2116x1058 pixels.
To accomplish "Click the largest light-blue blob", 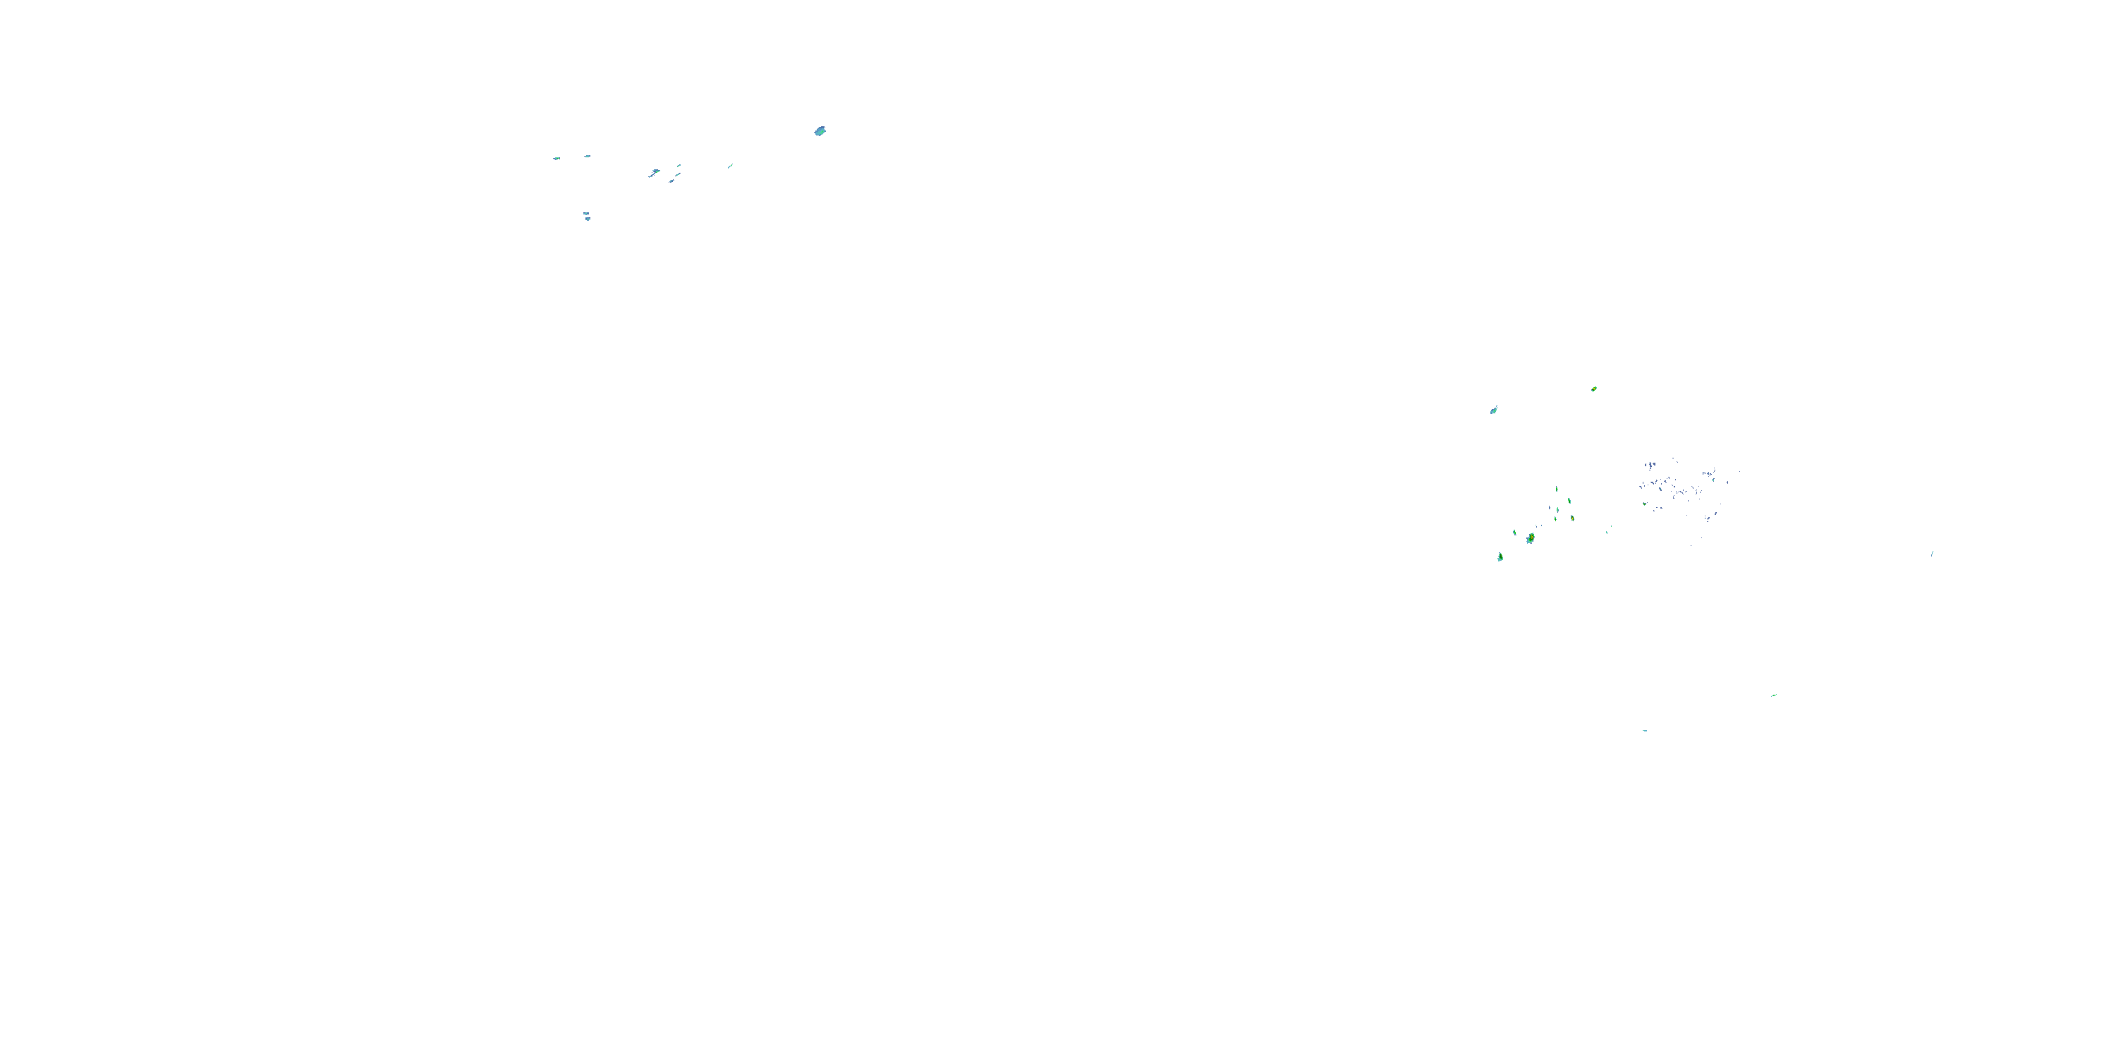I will point(820,131).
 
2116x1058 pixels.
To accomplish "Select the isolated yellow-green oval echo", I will point(1593,389).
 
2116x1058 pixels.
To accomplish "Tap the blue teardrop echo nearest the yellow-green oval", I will point(1493,410).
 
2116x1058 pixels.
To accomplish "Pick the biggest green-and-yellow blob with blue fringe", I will point(1531,538).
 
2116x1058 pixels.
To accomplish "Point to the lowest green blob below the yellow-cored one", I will point(1500,557).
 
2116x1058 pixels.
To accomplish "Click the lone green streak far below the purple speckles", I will point(1773,695).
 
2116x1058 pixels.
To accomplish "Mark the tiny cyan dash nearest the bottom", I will point(1645,730).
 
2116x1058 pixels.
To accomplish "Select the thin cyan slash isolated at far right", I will point(1932,554).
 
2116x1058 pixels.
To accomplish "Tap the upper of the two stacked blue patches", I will point(585,214).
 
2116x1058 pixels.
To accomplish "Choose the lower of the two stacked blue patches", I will point(588,219).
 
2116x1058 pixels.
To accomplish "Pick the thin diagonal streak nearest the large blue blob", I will point(729,166).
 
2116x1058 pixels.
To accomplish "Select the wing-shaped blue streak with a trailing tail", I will point(654,173).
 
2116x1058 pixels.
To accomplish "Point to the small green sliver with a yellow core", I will point(1572,519).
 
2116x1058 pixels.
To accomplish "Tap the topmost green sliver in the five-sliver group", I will point(1557,490).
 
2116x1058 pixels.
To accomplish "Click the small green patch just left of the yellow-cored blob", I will point(1515,533).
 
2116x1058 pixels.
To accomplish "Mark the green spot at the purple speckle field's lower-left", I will point(1645,504).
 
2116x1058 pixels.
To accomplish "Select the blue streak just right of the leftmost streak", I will point(587,156).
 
